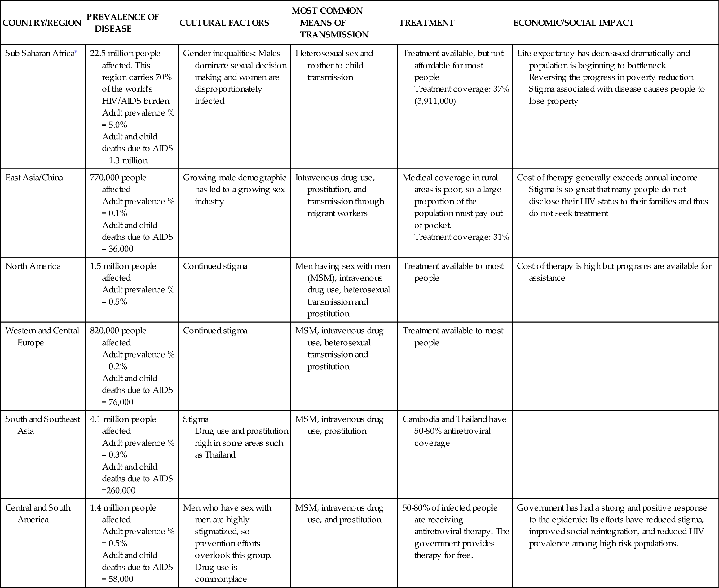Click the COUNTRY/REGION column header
42,23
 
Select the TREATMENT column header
426,23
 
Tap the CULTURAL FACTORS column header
224,23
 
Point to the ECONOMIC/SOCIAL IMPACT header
573,23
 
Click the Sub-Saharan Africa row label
39,54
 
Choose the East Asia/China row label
34,178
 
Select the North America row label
33,266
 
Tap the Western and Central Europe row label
42,336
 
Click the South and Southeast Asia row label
42,425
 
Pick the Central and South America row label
37,513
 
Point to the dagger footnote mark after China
64,176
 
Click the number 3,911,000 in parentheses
435,101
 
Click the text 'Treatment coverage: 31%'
461,237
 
